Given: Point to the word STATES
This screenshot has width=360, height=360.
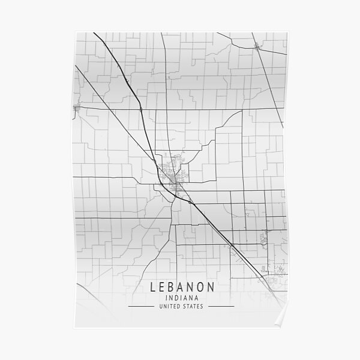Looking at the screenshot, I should (x=193, y=307).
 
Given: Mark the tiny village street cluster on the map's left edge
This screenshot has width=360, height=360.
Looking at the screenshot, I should (x=76, y=108).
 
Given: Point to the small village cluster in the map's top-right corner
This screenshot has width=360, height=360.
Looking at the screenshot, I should (x=257, y=46).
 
